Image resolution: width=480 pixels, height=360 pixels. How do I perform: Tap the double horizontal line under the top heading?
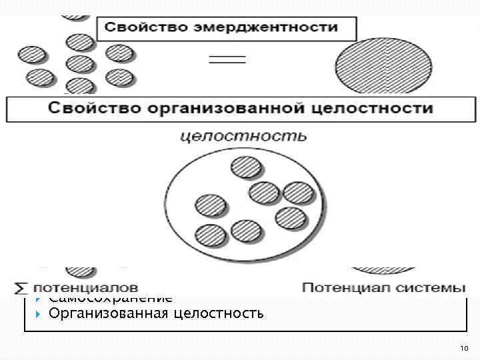pos(228,59)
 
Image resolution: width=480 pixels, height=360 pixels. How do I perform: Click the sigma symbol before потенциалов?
pos(22,289)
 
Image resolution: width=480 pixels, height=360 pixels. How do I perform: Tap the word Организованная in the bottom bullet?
pos(106,312)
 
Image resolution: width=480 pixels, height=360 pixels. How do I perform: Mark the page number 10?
pos(464,349)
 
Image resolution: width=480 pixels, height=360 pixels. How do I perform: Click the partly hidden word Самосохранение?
pos(110,299)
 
